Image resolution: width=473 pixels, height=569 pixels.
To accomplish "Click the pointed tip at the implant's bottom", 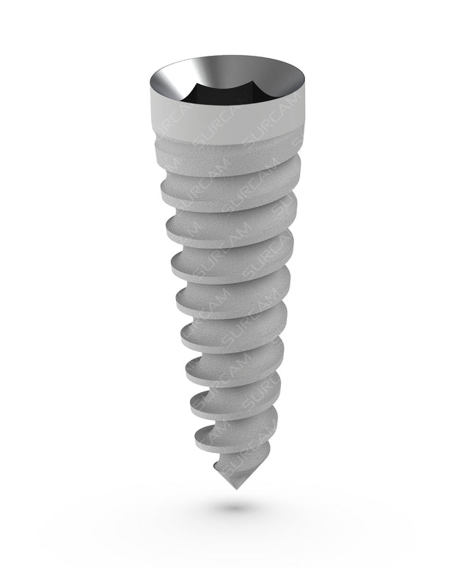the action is coord(236,489).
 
